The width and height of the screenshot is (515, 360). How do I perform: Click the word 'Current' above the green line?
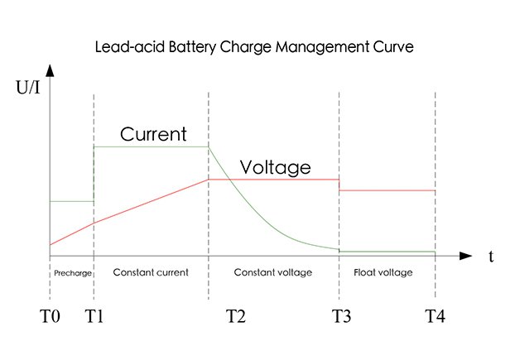(153, 134)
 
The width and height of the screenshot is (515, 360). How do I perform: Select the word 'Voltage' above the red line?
(275, 167)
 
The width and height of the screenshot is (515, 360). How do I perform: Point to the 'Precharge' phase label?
(72, 272)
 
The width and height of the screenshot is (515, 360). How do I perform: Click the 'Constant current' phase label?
(151, 272)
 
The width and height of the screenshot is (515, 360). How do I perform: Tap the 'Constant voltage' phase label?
(273, 272)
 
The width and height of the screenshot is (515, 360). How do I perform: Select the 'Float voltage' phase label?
(383, 272)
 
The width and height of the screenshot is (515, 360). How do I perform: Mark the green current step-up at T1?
(94, 174)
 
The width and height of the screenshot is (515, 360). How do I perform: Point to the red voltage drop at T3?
(339, 185)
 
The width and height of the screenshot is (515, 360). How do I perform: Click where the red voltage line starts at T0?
(51, 245)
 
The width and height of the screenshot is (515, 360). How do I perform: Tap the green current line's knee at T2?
(208, 147)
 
